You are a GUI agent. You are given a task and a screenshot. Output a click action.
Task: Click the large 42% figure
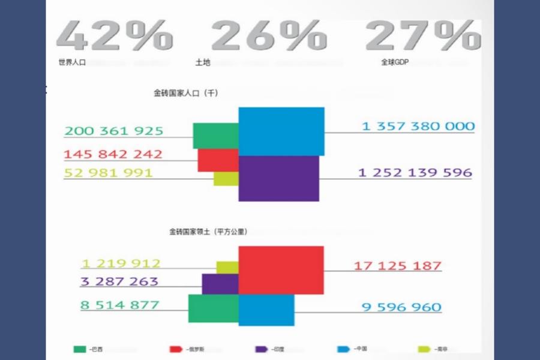tap(115, 35)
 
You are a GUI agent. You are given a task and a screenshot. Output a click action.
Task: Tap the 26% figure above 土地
tap(268, 35)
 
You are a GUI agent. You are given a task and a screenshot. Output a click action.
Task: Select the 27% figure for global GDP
tap(422, 35)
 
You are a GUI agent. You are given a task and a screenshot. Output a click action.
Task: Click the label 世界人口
tap(72, 62)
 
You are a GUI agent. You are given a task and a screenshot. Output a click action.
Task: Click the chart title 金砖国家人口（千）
tap(185, 94)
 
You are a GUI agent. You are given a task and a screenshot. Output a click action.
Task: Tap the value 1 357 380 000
tap(418, 127)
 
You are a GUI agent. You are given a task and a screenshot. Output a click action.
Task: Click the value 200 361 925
tap(114, 131)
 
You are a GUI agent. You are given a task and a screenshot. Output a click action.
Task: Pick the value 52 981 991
tap(108, 173)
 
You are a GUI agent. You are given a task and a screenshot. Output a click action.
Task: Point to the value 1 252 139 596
tap(415, 173)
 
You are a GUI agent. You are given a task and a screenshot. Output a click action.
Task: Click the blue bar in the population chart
tap(281, 131)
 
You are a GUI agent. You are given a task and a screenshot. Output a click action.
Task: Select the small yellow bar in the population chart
tap(226, 178)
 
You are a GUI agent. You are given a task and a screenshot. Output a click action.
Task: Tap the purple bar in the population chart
tap(278, 179)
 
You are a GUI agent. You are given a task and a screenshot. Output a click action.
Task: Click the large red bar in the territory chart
tap(281, 270)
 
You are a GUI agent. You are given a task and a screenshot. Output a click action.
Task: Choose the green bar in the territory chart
tap(213, 308)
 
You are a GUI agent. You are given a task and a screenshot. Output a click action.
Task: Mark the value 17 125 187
tap(398, 265)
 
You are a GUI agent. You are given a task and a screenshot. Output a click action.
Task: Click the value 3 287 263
tap(119, 281)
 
